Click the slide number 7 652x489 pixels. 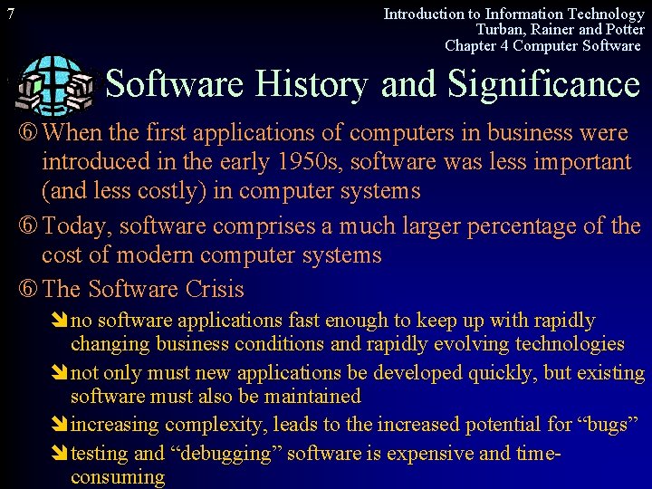tap(9, 14)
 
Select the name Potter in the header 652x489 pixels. tap(621, 30)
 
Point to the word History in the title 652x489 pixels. tap(312, 84)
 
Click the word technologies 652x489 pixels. tap(570, 344)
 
